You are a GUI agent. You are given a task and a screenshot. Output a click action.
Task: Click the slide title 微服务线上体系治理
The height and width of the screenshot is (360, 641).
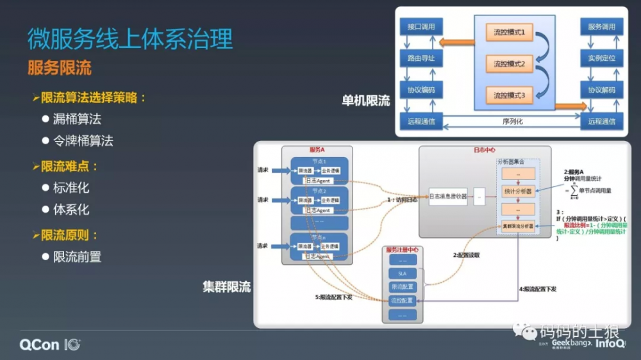click(x=130, y=39)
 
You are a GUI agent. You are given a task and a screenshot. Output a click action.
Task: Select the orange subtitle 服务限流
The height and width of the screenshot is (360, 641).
click(x=60, y=68)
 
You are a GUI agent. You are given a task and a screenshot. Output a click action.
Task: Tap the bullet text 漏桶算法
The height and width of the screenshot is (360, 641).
click(x=77, y=119)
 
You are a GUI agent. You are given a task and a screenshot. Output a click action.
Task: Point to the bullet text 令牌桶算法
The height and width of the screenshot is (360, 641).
click(x=83, y=141)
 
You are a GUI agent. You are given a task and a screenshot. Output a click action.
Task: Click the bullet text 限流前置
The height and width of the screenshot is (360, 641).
click(x=77, y=257)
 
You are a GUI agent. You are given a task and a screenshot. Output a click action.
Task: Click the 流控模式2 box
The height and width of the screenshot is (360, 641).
click(x=509, y=64)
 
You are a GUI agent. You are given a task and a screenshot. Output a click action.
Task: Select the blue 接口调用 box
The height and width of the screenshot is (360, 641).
click(x=420, y=27)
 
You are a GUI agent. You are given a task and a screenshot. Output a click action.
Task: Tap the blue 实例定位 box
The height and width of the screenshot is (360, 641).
click(x=601, y=58)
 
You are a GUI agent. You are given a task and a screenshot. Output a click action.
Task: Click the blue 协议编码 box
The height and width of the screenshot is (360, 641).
click(x=420, y=90)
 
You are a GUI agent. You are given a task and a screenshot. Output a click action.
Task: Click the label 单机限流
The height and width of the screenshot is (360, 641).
click(x=365, y=101)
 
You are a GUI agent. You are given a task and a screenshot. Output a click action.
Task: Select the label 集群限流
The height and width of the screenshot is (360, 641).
click(x=227, y=287)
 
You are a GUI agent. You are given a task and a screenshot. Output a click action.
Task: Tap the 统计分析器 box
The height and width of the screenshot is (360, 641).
click(x=519, y=191)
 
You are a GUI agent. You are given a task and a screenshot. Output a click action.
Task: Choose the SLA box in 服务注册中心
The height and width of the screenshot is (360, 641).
click(x=403, y=274)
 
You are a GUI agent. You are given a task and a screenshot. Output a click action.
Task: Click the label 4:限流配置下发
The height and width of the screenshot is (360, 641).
click(x=537, y=289)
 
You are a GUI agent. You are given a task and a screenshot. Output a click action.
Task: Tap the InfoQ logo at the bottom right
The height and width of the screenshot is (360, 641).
click(x=610, y=344)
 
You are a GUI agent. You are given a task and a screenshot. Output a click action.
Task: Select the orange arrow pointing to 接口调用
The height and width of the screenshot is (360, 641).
click(x=456, y=43)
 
